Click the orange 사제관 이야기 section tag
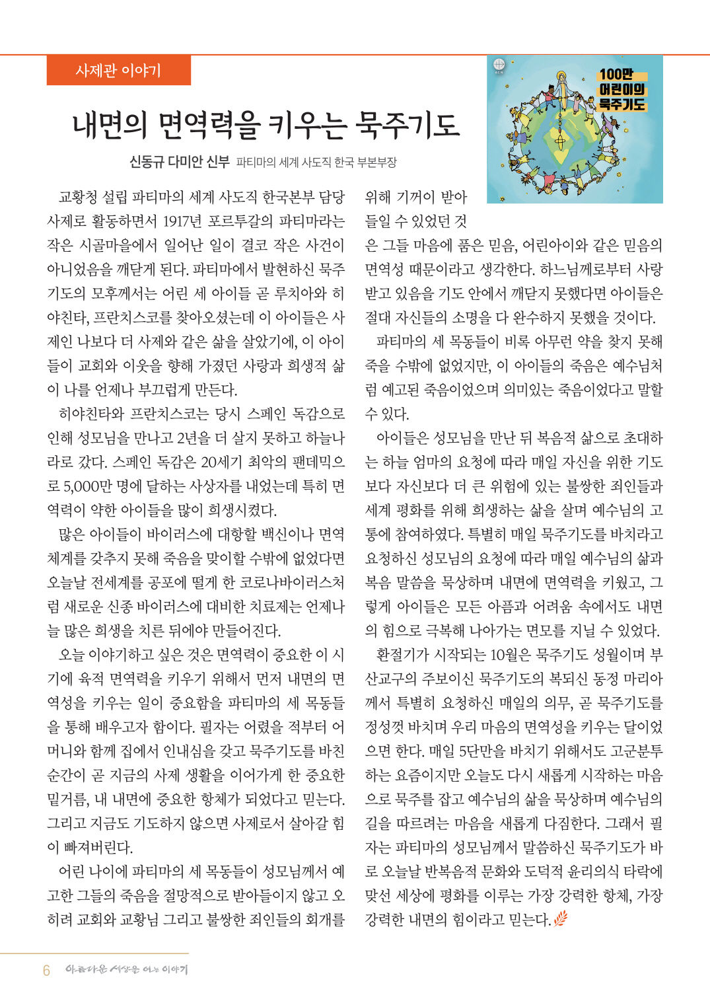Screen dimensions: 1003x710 (118, 70)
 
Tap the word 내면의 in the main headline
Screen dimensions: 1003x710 (110, 124)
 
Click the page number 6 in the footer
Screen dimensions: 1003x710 (46, 970)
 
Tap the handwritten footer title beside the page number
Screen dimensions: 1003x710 (126, 969)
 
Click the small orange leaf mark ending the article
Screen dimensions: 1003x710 (560, 918)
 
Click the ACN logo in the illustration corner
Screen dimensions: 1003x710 (499, 65)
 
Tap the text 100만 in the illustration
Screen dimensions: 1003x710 (616, 75)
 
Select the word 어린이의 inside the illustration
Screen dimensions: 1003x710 (621, 89)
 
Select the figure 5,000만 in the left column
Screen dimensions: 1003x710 (89, 486)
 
